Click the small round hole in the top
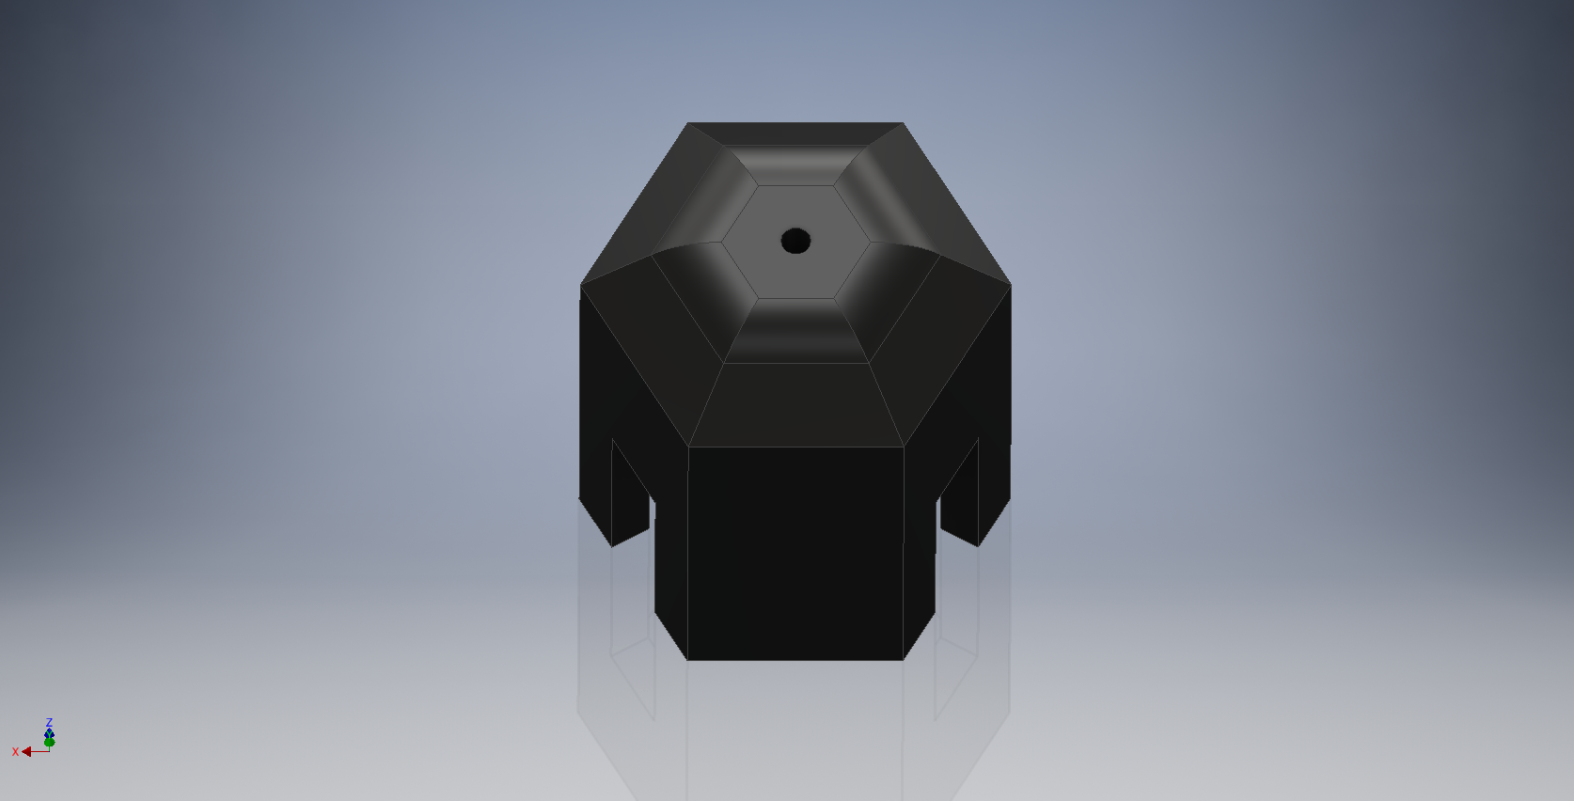pos(795,241)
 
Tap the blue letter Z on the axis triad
pos(49,722)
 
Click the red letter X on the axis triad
pos(15,752)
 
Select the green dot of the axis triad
pos(49,742)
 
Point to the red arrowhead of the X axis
pos(26,752)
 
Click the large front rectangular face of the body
pos(795,553)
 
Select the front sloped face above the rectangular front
pos(795,404)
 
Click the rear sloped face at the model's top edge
pos(795,133)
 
